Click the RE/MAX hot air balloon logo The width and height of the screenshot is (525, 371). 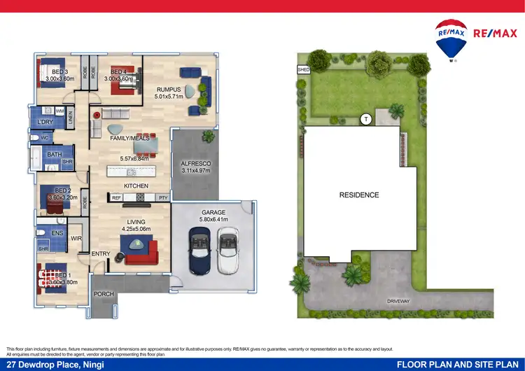[451, 39]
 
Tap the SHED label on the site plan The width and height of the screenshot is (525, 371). [303, 70]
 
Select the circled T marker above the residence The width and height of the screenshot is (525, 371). [365, 120]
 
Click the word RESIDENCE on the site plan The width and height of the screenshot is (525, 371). [359, 195]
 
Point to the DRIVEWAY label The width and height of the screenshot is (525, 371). [398, 301]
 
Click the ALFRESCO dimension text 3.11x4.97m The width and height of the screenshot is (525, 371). [196, 170]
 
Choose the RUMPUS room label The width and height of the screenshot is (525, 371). [169, 90]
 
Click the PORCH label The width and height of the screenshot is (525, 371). [104, 294]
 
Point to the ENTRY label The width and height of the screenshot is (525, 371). [101, 253]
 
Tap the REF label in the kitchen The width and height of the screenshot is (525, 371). [116, 198]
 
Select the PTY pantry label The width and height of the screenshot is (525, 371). [162, 198]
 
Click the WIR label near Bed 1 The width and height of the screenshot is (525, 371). [76, 239]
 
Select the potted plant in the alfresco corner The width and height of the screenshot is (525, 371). [208, 136]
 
